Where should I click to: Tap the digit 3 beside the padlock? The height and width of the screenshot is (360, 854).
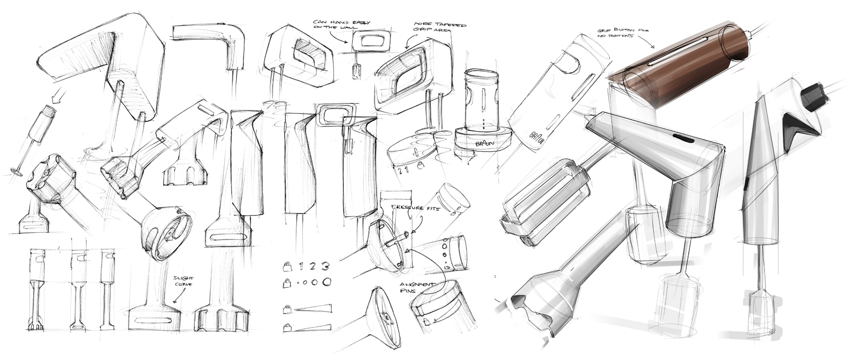click(326, 267)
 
